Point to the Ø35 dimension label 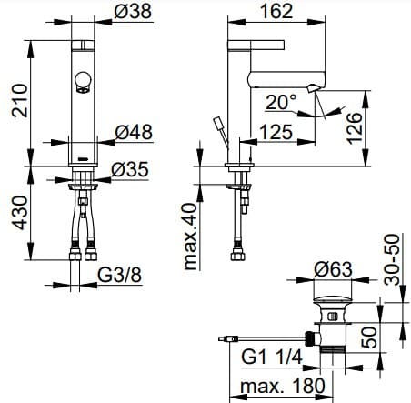tap(130, 169)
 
